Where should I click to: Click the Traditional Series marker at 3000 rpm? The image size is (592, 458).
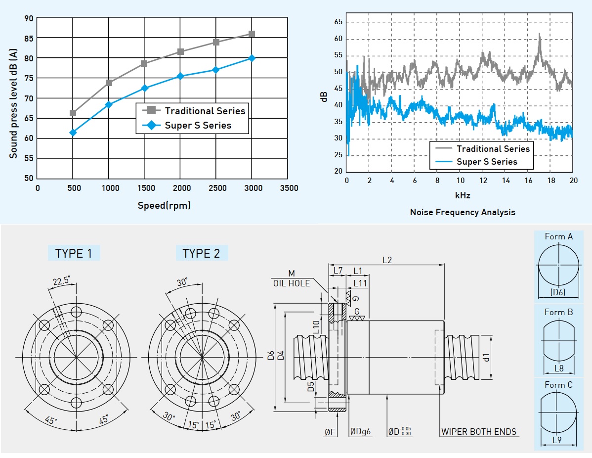252,34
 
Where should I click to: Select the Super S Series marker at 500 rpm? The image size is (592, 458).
73,133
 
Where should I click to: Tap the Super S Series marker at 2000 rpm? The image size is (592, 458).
180,76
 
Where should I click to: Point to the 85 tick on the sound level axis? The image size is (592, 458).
29,38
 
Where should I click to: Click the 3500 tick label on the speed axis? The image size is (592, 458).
289,188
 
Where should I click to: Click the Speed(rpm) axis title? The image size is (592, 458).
164,205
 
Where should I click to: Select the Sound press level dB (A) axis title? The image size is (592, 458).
13,103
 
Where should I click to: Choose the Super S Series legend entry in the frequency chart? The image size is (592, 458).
476,162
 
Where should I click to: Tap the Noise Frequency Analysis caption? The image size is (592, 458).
463,212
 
